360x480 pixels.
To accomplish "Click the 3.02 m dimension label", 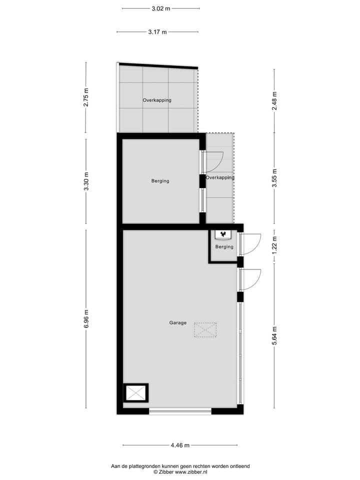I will tap(160, 8).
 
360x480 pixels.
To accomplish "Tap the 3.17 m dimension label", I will tap(157, 32).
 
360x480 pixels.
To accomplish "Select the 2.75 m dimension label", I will tap(86, 97).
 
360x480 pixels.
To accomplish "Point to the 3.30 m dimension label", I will tap(86, 181).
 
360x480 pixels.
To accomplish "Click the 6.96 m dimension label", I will tap(86, 319).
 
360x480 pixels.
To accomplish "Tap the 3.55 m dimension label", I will tap(274, 178).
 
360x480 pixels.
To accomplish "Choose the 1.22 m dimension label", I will tap(274, 245).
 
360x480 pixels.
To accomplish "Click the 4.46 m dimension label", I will tap(180, 445).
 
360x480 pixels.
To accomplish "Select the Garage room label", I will tap(177, 323).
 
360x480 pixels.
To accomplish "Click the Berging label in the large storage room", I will tap(160, 181).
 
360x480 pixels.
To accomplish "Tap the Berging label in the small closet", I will tap(224, 247).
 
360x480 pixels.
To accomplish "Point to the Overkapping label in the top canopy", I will tap(157, 100).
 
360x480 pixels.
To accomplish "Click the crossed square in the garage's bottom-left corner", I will tap(135, 393).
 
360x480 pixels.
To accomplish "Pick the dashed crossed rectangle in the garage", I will tap(205, 330).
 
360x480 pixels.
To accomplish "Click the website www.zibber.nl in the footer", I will tap(190, 472).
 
